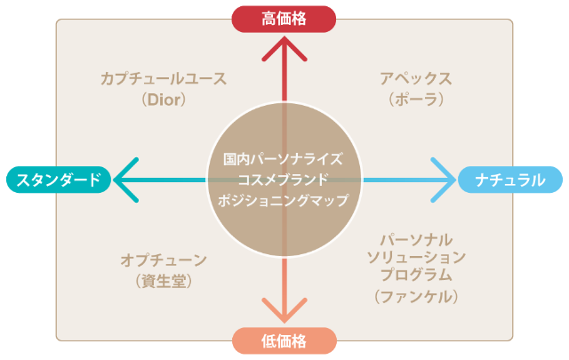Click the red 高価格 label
click(x=284, y=18)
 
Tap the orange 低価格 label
click(x=284, y=341)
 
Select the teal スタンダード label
click(x=59, y=180)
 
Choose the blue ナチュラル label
click(x=510, y=180)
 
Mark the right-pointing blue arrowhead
click(x=442, y=180)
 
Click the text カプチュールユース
click(x=164, y=78)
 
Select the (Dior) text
click(x=164, y=100)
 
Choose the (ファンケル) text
click(x=416, y=296)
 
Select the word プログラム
click(x=416, y=276)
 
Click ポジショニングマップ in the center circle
click(x=284, y=200)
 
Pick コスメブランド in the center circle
click(x=284, y=180)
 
